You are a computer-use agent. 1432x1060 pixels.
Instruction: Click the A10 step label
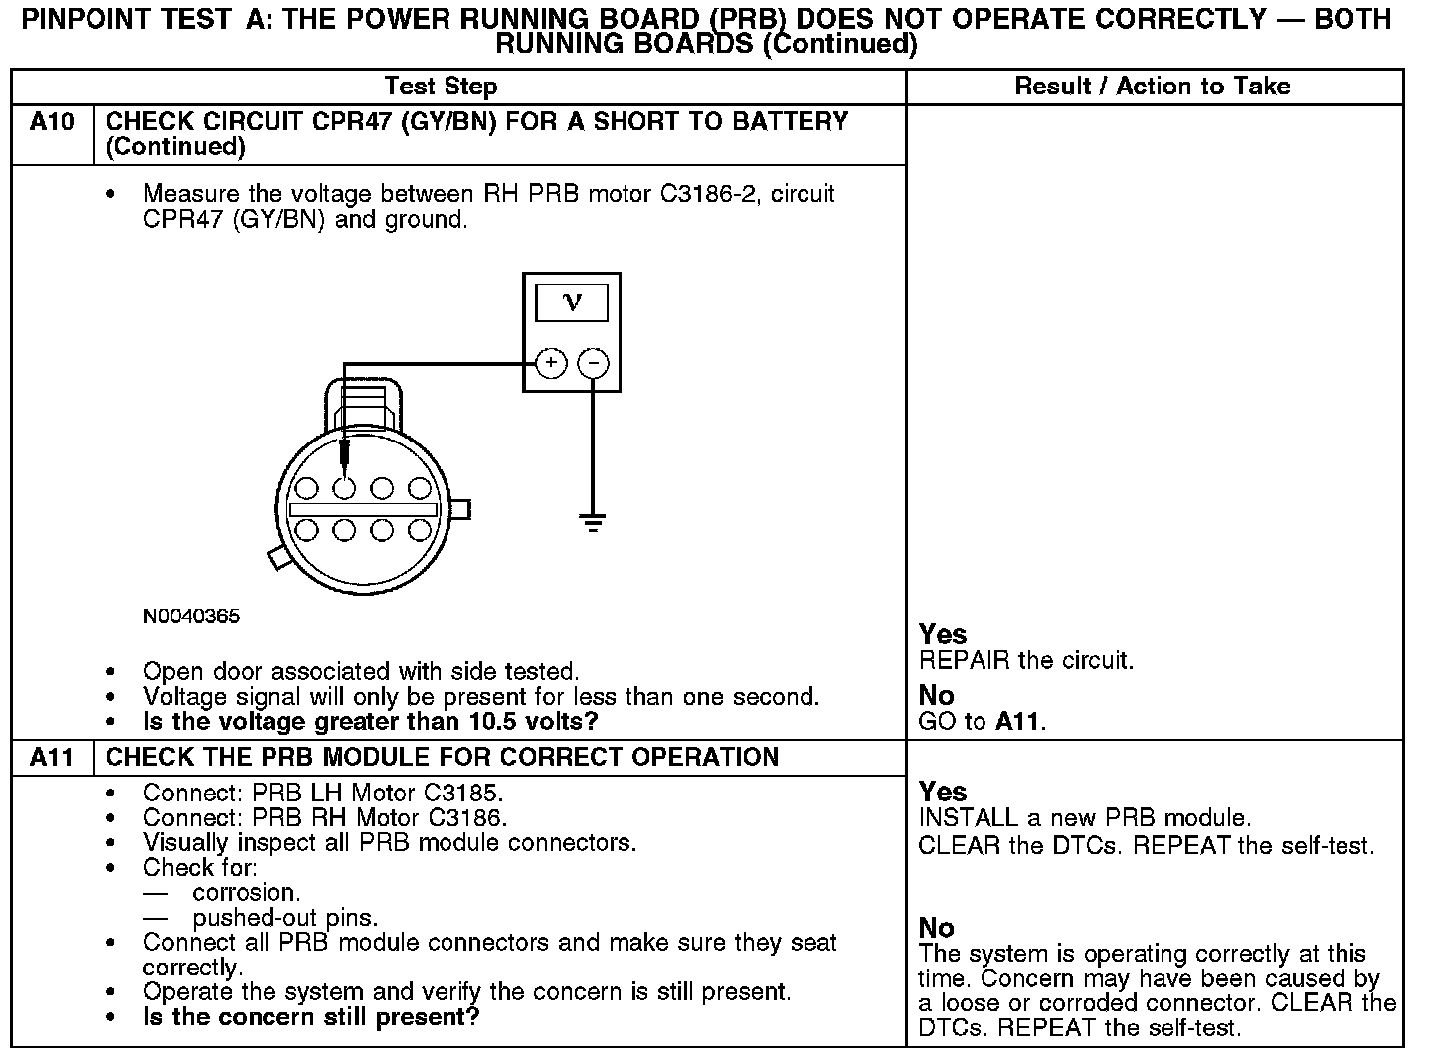click(52, 122)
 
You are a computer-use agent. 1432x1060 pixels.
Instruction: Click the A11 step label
click(52, 758)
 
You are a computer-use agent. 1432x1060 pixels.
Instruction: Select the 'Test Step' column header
click(441, 87)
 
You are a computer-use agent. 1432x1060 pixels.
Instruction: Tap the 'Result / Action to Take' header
click(1153, 87)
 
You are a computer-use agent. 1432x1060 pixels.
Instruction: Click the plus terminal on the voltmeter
click(551, 364)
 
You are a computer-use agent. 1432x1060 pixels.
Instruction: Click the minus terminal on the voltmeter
click(594, 364)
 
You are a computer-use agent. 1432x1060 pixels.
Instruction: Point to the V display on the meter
click(572, 302)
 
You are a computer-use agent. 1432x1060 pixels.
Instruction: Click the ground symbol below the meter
click(593, 522)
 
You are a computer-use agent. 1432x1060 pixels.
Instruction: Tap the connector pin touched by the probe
click(344, 488)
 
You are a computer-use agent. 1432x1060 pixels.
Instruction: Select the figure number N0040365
click(191, 617)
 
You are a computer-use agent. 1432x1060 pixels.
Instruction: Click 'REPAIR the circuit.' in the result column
click(1025, 661)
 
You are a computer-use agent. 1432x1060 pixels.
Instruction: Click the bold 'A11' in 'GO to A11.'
click(1019, 722)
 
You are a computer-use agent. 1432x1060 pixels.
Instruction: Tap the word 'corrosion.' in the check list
click(247, 892)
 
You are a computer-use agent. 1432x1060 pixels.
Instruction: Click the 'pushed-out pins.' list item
click(284, 917)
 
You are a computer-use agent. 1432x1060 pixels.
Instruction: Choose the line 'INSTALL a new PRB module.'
click(1084, 819)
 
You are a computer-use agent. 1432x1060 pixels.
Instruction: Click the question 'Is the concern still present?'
click(311, 1017)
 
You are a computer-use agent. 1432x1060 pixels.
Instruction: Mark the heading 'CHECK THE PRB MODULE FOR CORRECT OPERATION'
click(442, 758)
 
